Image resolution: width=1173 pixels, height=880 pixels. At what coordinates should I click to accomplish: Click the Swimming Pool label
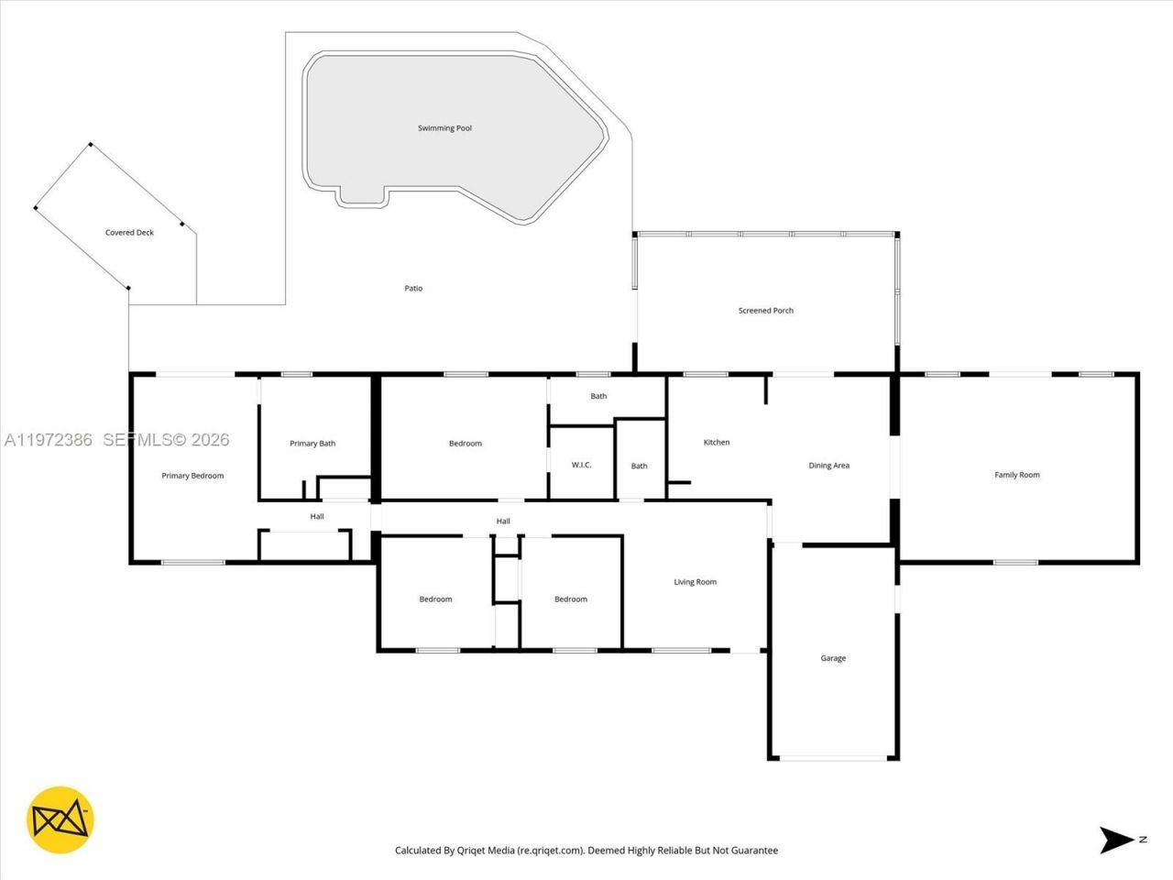[x=444, y=128]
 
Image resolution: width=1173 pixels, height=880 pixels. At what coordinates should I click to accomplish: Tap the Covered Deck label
[x=129, y=233]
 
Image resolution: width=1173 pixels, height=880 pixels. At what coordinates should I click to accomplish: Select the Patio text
[x=413, y=289]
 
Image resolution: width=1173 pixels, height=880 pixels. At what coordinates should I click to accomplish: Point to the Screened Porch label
[x=765, y=311]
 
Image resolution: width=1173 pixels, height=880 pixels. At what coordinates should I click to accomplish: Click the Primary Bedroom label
[x=192, y=476]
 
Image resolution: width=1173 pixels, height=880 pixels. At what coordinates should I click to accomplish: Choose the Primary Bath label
[x=312, y=444]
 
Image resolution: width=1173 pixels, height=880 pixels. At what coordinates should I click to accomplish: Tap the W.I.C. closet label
[x=581, y=465]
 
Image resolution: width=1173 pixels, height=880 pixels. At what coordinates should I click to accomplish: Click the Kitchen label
[x=716, y=443]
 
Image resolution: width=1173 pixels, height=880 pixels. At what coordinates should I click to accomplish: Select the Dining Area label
[x=828, y=466]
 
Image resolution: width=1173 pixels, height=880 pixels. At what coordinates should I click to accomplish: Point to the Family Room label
[x=1016, y=475]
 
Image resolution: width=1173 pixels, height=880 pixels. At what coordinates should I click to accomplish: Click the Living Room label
[x=695, y=582]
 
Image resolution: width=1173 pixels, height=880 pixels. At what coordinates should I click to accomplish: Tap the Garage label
[x=833, y=658]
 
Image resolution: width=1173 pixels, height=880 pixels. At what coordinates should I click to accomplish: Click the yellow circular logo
[x=60, y=819]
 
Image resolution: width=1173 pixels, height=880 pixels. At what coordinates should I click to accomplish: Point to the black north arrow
[x=1117, y=840]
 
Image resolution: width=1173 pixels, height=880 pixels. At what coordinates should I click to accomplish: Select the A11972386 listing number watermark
[x=49, y=440]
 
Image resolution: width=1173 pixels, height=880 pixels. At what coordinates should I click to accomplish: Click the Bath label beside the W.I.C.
[x=639, y=466]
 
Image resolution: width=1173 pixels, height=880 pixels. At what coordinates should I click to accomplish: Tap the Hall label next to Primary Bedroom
[x=316, y=516]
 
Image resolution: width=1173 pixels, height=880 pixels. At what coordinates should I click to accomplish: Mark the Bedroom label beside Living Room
[x=570, y=599]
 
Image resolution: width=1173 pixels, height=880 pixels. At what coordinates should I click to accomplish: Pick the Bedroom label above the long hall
[x=465, y=444]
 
